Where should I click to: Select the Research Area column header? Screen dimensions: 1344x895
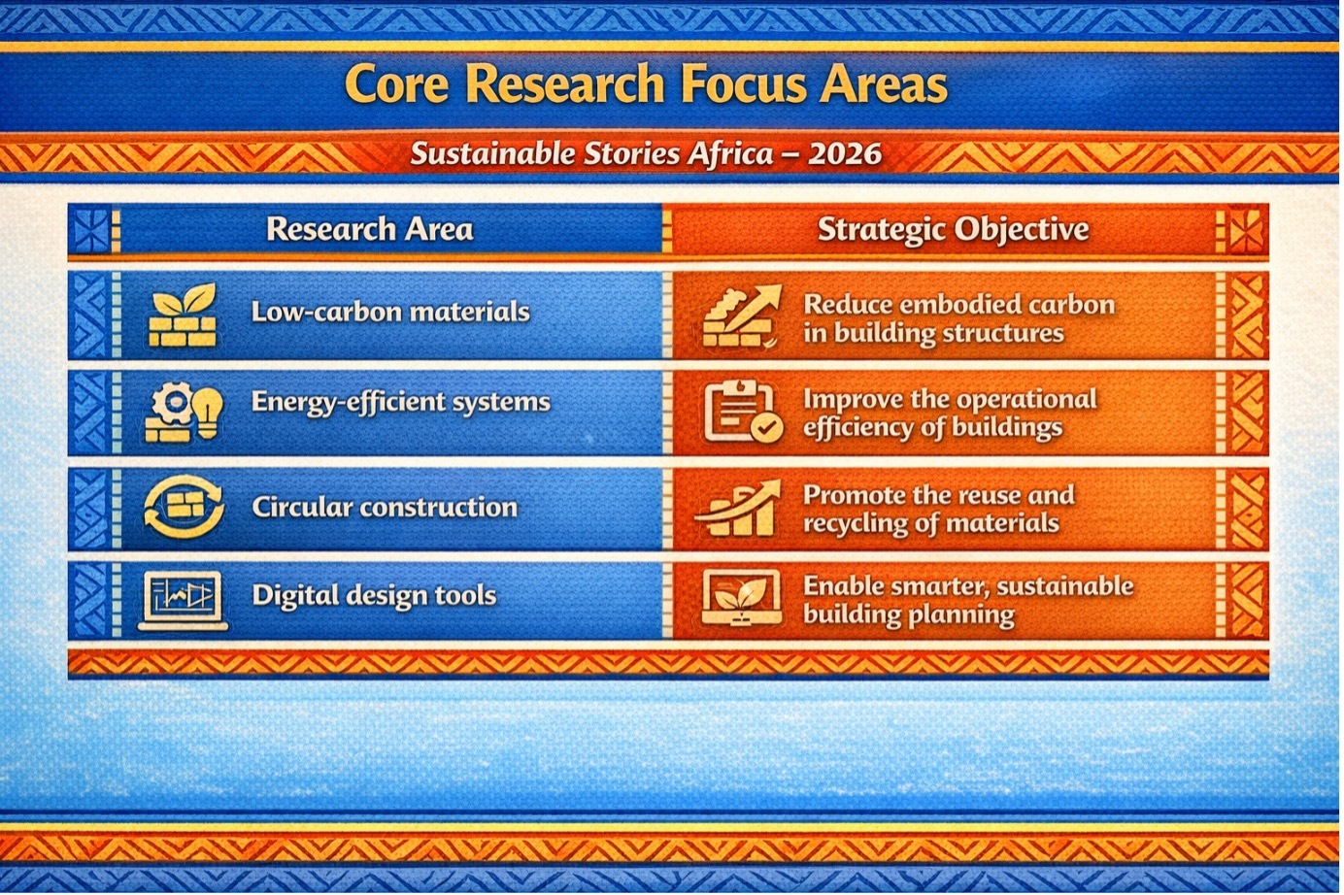pos(370,229)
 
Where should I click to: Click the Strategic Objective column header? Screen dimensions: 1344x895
pos(953,230)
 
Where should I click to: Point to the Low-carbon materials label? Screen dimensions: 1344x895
pos(390,312)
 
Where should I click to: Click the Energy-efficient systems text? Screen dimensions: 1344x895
pos(401,402)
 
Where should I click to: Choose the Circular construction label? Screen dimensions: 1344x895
pos(385,507)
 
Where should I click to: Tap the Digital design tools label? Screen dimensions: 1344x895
pos(375,595)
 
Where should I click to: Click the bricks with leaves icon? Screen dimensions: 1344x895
pos(183,315)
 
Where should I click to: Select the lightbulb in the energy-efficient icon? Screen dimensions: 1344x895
pos(208,411)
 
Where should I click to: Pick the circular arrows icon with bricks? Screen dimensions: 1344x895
pos(184,507)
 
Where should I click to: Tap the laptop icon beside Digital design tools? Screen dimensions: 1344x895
pos(183,601)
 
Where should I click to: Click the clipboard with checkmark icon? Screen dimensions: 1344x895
pos(743,412)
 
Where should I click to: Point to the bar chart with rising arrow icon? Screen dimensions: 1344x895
pos(739,508)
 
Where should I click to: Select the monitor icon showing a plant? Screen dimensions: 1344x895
pos(742,598)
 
